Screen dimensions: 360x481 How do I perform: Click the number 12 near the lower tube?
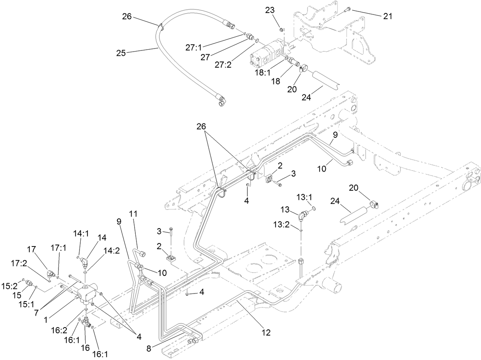click(x=266, y=332)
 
